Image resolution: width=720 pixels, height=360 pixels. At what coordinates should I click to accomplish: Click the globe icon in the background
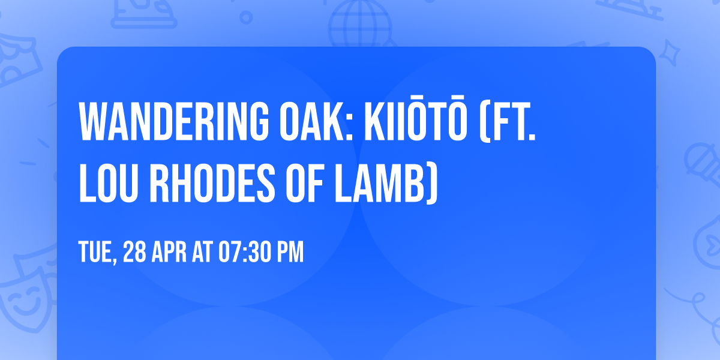358,24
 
